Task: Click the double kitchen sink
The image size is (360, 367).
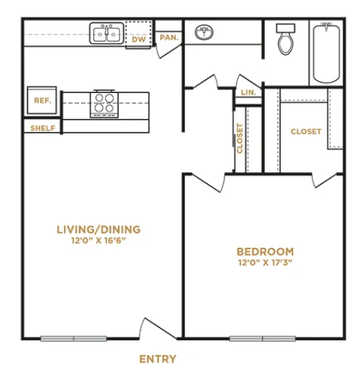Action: [107, 33]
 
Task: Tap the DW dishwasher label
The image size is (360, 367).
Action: [139, 40]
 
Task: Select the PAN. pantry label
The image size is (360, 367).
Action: [170, 37]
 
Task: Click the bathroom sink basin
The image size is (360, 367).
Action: [204, 32]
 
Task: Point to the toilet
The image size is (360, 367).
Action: [286, 39]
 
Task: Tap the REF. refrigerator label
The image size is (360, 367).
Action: [43, 100]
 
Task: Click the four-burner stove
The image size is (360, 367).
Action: [104, 104]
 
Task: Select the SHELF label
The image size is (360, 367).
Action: [43, 128]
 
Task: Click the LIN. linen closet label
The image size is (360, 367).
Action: [248, 92]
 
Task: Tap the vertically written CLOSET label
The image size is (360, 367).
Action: [240, 138]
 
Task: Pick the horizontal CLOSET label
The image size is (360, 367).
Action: [306, 131]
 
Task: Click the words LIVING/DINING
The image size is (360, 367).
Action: [99, 229]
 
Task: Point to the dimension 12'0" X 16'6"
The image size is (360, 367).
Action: [99, 240]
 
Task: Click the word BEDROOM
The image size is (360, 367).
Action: [265, 252]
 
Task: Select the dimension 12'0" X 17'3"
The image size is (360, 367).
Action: [265, 262]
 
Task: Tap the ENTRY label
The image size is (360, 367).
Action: [158, 359]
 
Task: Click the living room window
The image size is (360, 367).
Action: [74, 338]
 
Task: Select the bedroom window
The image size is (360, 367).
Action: [263, 338]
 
